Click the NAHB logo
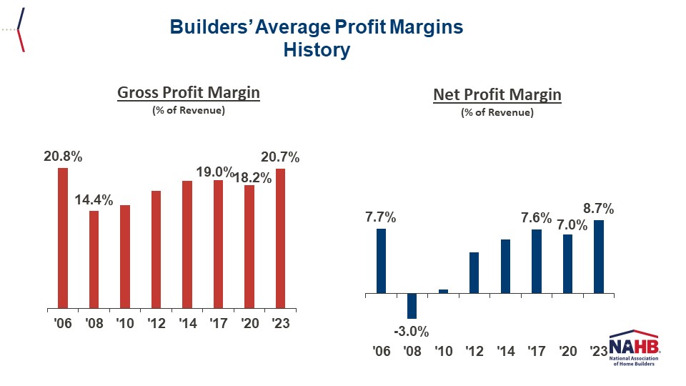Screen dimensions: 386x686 pos(634,348)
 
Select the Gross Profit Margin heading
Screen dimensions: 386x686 pos(188,93)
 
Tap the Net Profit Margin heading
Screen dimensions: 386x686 pos(497,95)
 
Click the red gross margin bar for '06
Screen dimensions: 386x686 pos(63,237)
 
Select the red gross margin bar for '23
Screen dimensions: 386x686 pos(280,237)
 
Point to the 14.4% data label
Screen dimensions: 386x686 pos(94,201)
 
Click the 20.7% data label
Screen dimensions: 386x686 pos(281,158)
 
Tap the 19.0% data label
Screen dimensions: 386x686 pos(215,172)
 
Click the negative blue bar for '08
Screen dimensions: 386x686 pos(412,306)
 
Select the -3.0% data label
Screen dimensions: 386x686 pos(411,332)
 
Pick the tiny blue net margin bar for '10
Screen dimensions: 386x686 pos(443,291)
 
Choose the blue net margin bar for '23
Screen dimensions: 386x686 pos(598,257)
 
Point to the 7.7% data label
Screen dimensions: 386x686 pos(381,217)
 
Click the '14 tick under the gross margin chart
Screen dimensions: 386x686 pos(187,324)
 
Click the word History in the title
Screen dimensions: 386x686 pos(317,50)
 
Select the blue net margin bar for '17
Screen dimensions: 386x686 pos(536,261)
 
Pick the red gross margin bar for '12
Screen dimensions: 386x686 pos(156,249)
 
